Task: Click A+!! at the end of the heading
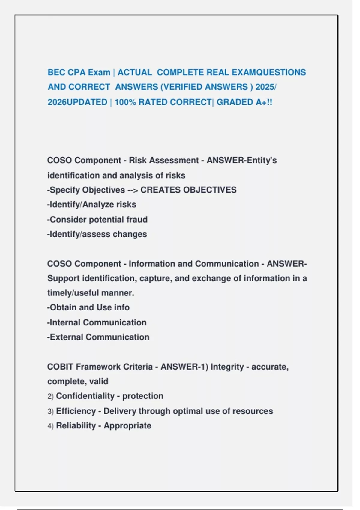pyautogui.click(x=264, y=102)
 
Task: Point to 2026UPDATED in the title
pyautogui.click(x=77, y=102)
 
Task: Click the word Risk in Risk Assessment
pyautogui.click(x=138, y=160)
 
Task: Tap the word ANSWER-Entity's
pyautogui.click(x=241, y=160)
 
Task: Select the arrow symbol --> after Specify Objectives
pyautogui.click(x=133, y=190)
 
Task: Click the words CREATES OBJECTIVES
pyautogui.click(x=188, y=190)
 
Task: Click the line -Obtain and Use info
pyautogui.click(x=88, y=307)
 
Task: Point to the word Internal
pyautogui.click(x=65, y=322)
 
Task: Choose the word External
pyautogui.click(x=66, y=337)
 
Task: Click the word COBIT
pyautogui.click(x=60, y=367)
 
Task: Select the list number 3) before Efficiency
pyautogui.click(x=50, y=411)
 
